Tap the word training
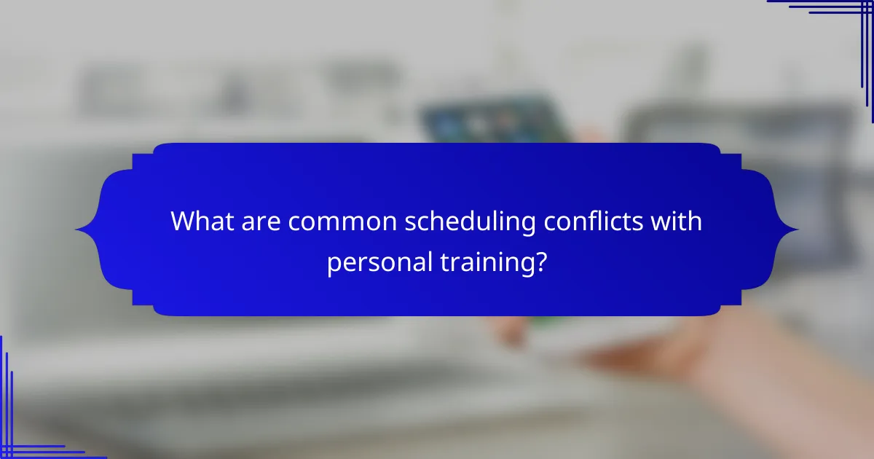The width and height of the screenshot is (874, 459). coord(492,261)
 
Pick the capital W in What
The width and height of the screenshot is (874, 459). coord(184,221)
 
